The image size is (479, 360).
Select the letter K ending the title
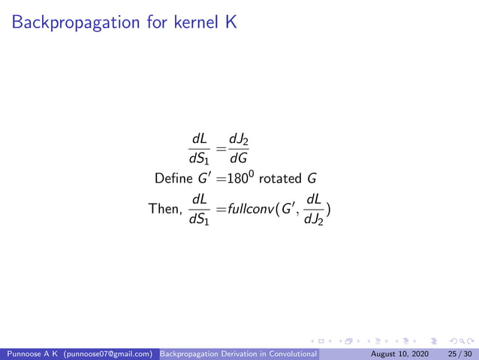(231, 23)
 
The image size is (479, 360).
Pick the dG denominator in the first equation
(239, 158)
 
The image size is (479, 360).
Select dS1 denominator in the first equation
(200, 158)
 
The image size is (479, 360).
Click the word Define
(172, 180)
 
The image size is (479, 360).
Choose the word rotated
(283, 180)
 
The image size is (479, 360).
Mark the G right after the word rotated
(312, 180)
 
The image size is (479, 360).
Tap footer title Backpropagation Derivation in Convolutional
(240, 352)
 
